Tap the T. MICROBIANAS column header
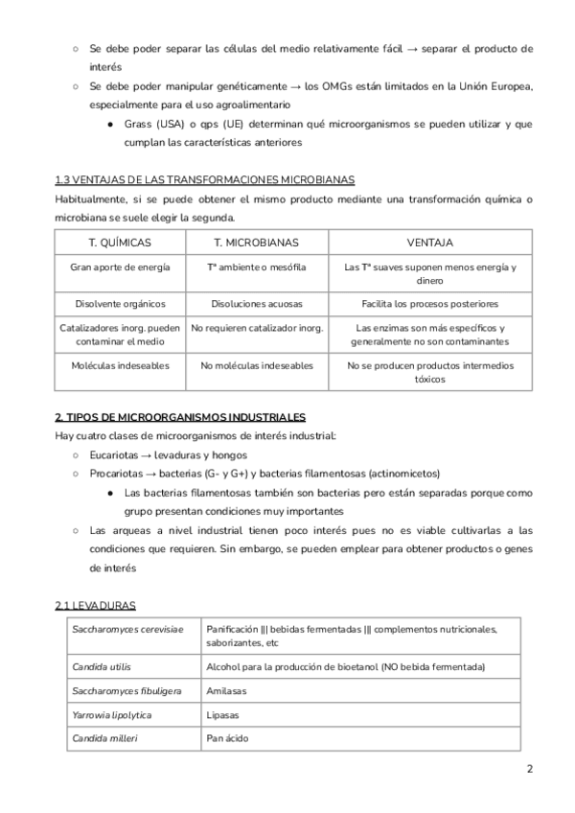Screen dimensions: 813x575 click(x=256, y=243)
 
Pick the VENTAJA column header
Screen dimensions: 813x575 click(x=429, y=243)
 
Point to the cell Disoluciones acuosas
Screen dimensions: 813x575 click(x=256, y=304)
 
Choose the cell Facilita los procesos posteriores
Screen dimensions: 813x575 click(x=429, y=304)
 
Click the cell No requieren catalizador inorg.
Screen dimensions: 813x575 click(x=257, y=328)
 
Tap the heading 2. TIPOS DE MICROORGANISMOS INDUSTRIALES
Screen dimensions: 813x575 click(x=180, y=417)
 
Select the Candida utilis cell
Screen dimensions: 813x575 click(x=102, y=666)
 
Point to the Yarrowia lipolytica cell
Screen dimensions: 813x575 click(x=112, y=715)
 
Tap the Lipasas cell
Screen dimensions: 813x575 click(x=223, y=715)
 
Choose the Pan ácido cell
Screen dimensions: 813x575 click(x=226, y=739)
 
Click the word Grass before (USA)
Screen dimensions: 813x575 click(x=140, y=125)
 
